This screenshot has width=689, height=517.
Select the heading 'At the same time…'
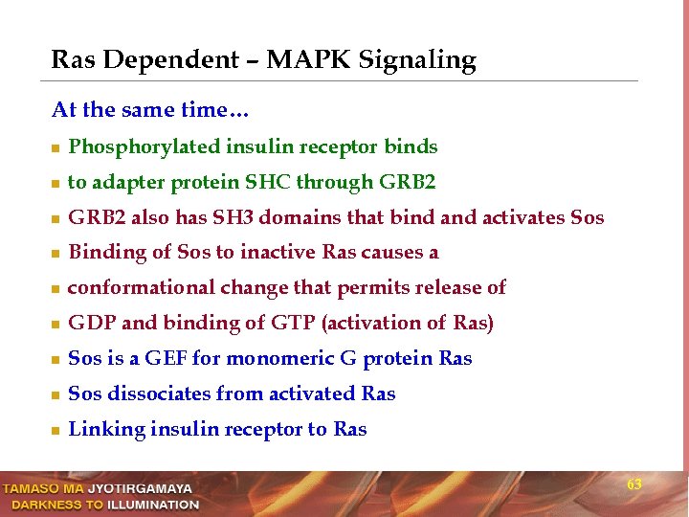pyautogui.click(x=150, y=110)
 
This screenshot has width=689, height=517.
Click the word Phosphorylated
pyautogui.click(x=144, y=147)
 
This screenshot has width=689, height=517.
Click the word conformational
pyautogui.click(x=142, y=288)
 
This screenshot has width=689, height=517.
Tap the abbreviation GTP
pyautogui.click(x=294, y=324)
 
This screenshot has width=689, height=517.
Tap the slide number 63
pyautogui.click(x=634, y=485)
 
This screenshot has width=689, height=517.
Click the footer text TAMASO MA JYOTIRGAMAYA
pyautogui.click(x=97, y=489)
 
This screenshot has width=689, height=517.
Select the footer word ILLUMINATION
pyautogui.click(x=153, y=505)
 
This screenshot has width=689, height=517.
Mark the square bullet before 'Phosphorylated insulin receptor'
pyautogui.click(x=56, y=148)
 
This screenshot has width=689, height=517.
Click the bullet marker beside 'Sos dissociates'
pyautogui.click(x=56, y=395)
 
